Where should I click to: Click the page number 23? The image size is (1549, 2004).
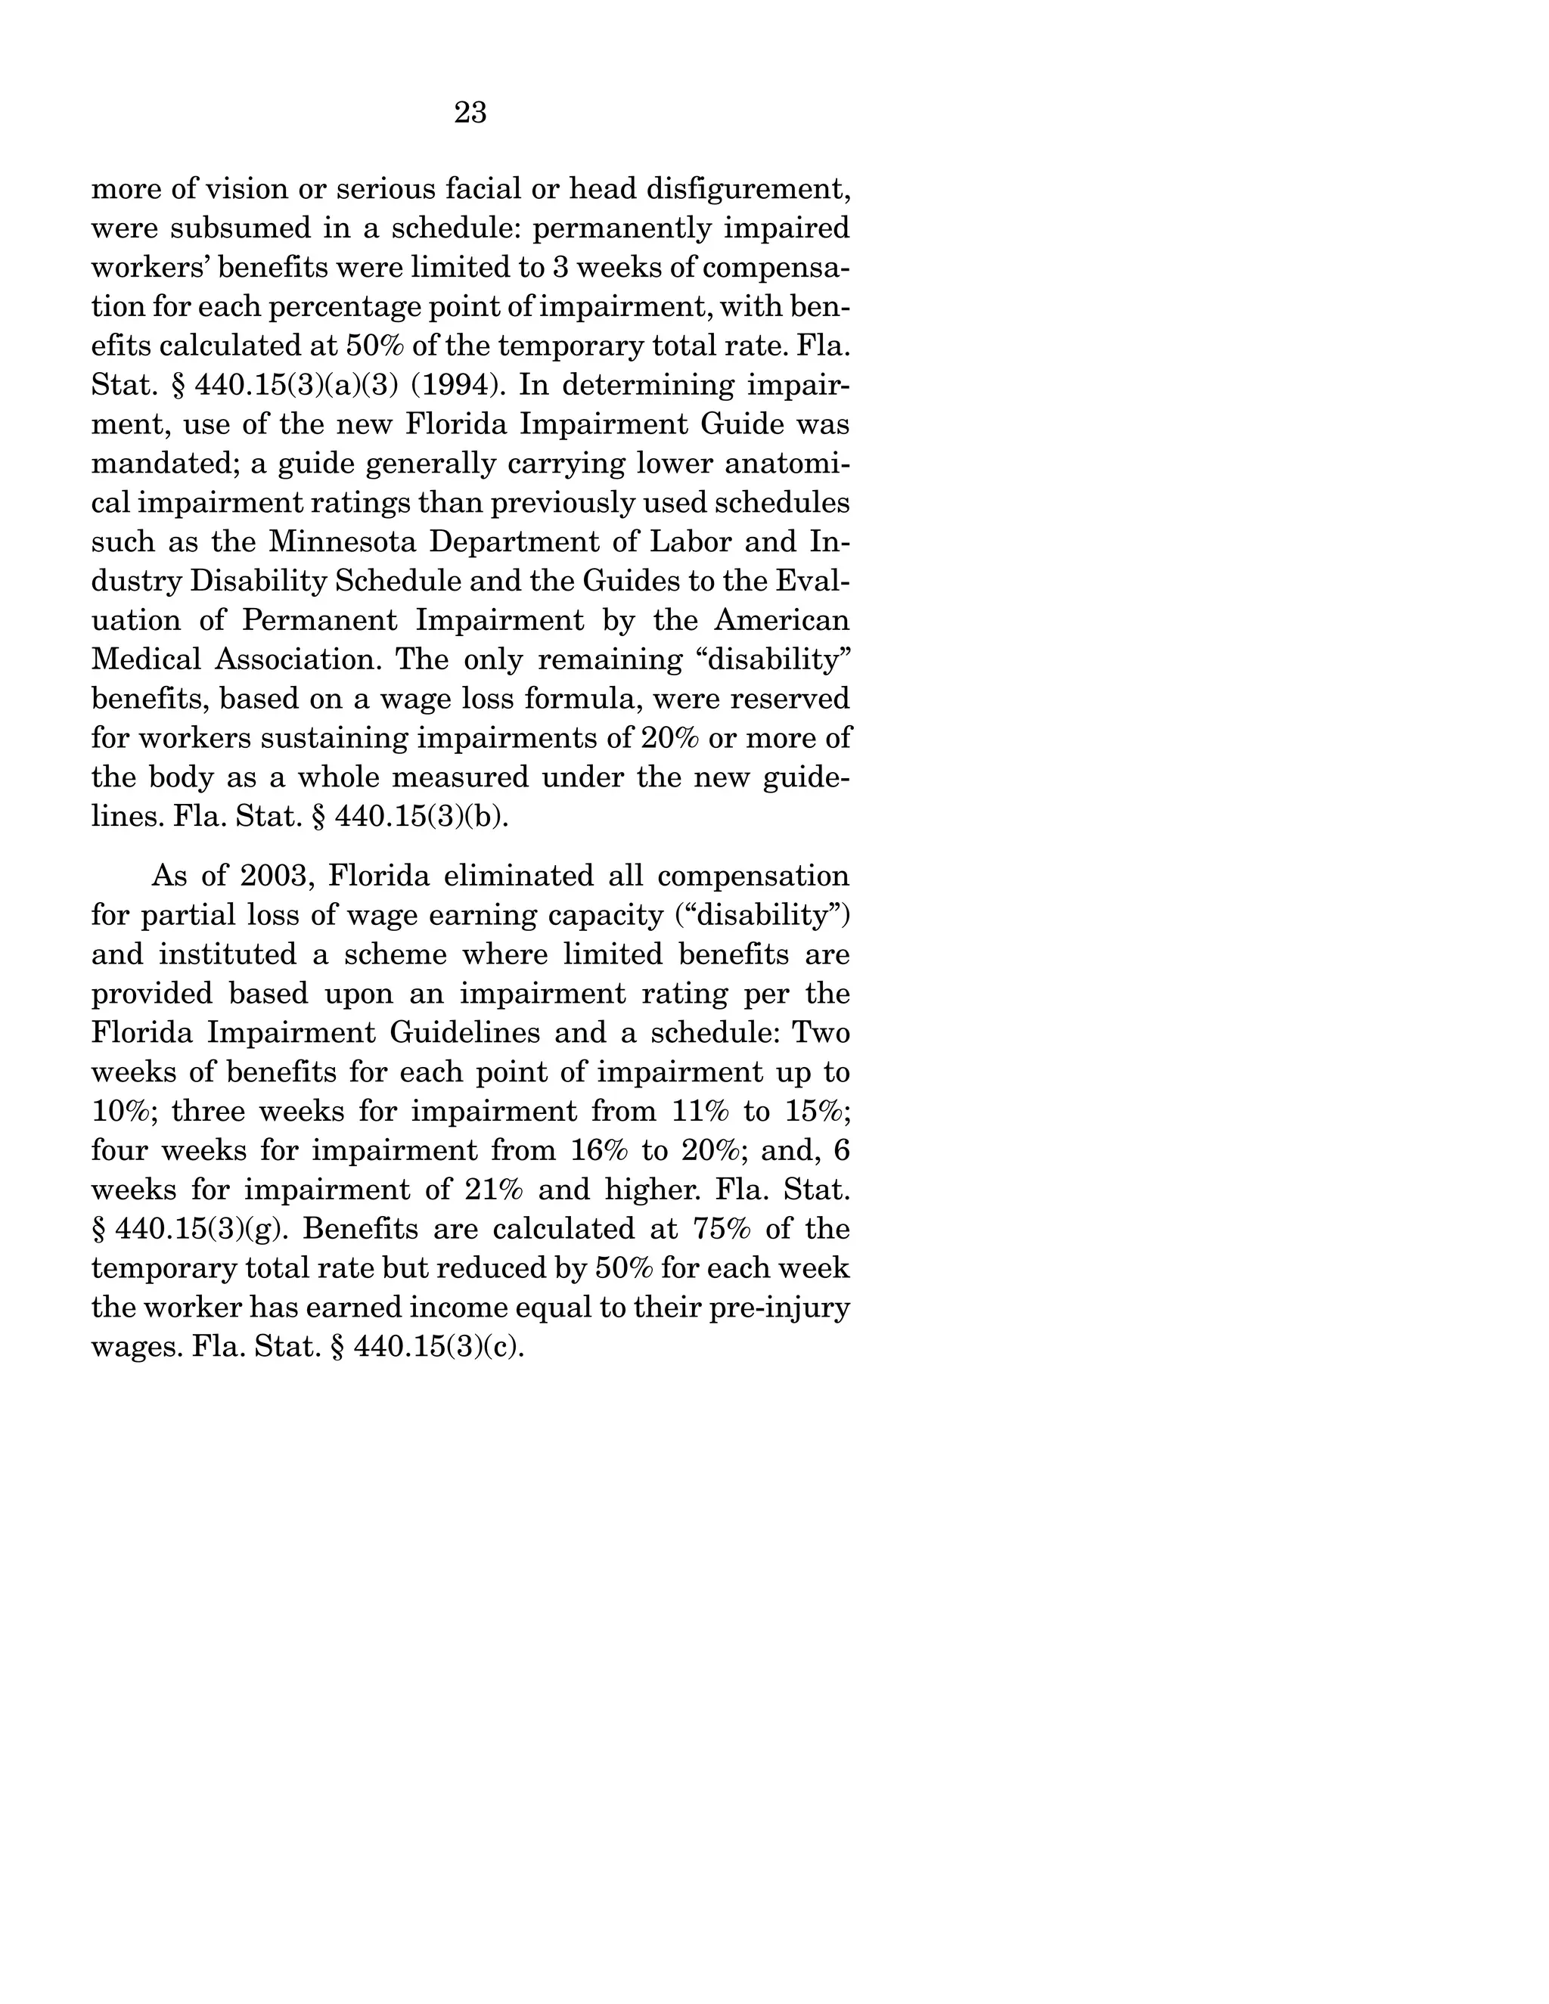click(470, 112)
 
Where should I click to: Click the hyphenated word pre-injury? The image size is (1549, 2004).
click(780, 1307)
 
